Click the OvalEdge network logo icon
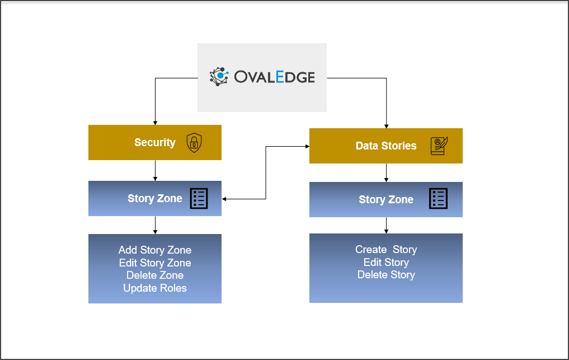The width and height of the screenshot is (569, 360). point(219,77)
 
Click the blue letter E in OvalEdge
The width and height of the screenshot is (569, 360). point(280,77)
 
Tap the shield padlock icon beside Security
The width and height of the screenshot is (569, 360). point(194,142)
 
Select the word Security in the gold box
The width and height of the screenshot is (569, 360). point(155,142)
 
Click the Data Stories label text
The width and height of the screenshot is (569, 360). point(386,146)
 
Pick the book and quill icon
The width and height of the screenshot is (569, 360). point(439,146)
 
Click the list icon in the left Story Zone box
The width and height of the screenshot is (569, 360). point(199,198)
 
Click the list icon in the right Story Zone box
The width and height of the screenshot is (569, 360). point(439,198)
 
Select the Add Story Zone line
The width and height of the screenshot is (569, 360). point(155,250)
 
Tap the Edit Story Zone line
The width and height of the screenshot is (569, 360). point(155,263)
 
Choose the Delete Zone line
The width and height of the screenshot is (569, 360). point(155,275)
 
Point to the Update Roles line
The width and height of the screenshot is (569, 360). point(155,288)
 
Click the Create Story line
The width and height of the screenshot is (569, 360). point(386,250)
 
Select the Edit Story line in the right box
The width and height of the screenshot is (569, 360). point(386,262)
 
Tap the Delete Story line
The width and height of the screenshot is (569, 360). point(386,275)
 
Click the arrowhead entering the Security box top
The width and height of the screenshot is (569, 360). point(156,123)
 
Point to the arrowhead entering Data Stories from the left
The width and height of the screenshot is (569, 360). point(307,146)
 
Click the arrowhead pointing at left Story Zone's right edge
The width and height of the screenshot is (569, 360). point(224,199)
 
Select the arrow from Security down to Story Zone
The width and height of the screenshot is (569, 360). point(156,170)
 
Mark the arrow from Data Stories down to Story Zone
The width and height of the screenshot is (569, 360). point(386,172)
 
